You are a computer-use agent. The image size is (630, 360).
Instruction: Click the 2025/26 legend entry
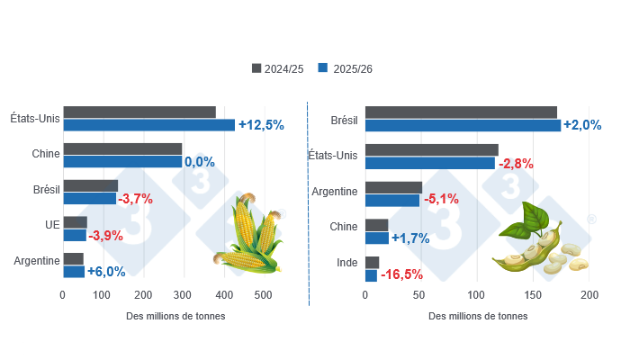tap(346, 68)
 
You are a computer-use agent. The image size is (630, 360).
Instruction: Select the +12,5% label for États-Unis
tap(261, 125)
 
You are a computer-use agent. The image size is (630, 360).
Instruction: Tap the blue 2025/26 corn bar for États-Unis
tap(148, 125)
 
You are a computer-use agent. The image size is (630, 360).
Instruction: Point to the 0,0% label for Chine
tap(199, 162)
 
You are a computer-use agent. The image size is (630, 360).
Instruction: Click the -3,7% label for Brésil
tap(135, 199)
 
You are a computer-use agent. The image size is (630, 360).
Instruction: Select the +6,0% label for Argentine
tap(106, 271)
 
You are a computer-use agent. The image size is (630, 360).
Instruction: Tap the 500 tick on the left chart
tap(263, 295)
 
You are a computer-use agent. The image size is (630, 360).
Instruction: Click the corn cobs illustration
tap(248, 236)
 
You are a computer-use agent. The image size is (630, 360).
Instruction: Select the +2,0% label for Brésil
tap(582, 125)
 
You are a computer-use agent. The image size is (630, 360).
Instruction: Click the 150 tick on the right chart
tap(534, 295)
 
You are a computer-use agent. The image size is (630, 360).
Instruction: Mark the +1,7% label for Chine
tap(410, 238)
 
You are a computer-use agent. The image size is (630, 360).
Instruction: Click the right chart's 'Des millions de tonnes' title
tap(478, 316)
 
